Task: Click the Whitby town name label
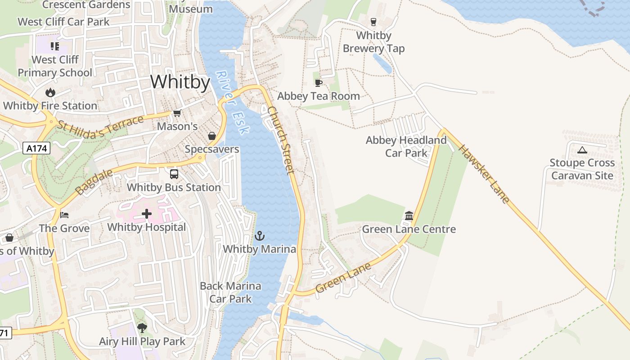point(180,82)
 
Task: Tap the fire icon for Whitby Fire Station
point(50,93)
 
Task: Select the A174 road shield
point(36,148)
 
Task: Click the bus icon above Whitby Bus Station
point(174,174)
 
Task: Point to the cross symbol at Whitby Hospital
point(147,214)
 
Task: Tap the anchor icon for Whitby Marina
point(260,235)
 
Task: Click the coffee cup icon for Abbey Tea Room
point(319,83)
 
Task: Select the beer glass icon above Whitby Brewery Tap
point(373,22)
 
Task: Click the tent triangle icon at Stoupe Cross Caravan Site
point(582,150)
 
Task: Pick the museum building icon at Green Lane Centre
point(409,216)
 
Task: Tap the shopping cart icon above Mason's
point(177,113)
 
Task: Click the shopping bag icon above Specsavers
point(211,136)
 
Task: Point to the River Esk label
point(232,103)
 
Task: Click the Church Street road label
point(281,140)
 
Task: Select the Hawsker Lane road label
point(484,174)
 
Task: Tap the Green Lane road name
point(343,278)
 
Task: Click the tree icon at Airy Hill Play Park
point(142,328)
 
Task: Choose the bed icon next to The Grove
point(64,215)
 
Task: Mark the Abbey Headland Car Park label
point(406,147)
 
